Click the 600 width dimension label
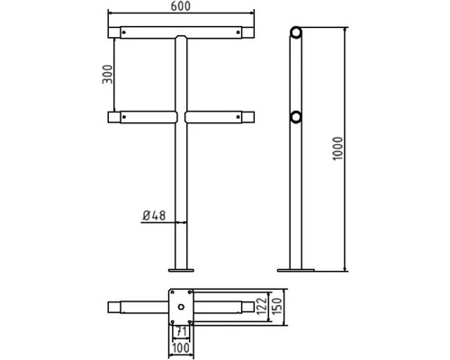tap(182, 7)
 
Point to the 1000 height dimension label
tap(336, 148)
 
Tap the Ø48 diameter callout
tap(155, 215)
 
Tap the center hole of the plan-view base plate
tap(182, 308)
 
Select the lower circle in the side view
tap(294, 117)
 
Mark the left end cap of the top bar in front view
tap(112, 32)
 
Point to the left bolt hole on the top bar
tap(126, 33)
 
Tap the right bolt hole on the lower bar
tap(238, 117)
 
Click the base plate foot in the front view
tap(182, 268)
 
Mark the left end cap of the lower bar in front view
tap(112, 117)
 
